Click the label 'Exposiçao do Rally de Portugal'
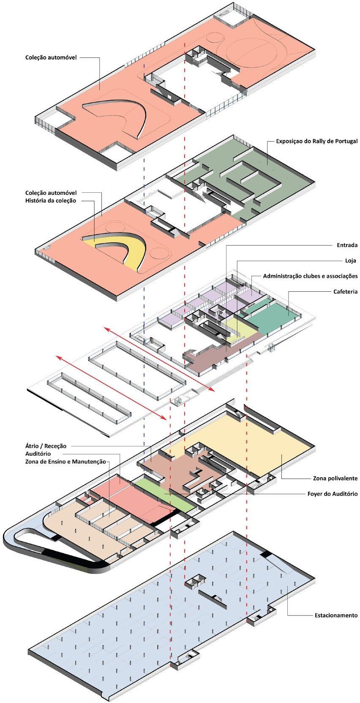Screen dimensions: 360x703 (316, 141)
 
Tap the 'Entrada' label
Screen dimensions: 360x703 (347, 245)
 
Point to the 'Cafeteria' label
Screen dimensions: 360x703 (345, 292)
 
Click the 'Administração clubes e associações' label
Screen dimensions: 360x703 (310, 276)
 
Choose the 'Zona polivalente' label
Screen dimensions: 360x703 (335, 479)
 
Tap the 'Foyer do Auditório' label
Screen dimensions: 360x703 (332, 494)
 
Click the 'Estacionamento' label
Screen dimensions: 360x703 (336, 615)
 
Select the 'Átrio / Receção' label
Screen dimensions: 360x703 (45, 446)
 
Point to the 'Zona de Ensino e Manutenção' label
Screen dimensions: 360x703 (65, 462)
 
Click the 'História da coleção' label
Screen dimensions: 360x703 (51, 200)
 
